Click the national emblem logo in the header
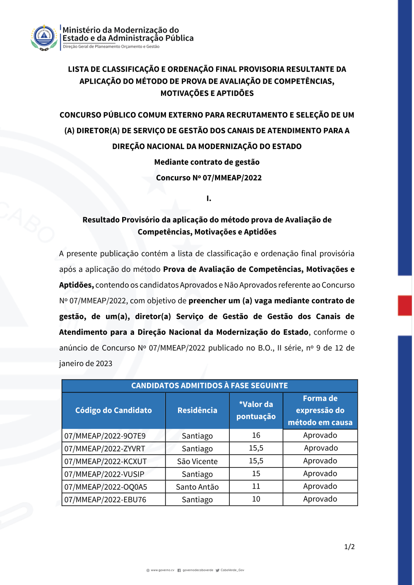coord(44,37)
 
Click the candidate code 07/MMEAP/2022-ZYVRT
coord(105,448)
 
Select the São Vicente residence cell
coord(197,461)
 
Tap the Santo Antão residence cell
coord(197,487)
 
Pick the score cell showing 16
coord(256,435)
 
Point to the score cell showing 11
coord(256,487)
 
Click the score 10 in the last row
coord(256,499)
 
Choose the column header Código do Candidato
coord(113,410)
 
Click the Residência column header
coord(197,410)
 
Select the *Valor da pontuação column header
coord(256,410)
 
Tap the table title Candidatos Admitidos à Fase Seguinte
coord(209,386)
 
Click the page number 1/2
coord(349,547)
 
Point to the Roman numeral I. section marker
coord(209,199)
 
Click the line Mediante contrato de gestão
coord(207,162)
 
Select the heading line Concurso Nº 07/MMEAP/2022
coord(209,178)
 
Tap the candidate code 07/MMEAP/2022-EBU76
coord(105,500)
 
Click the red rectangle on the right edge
coord(404,305)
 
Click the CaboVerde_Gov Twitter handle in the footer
coord(232,570)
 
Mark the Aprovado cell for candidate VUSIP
coord(320,474)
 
